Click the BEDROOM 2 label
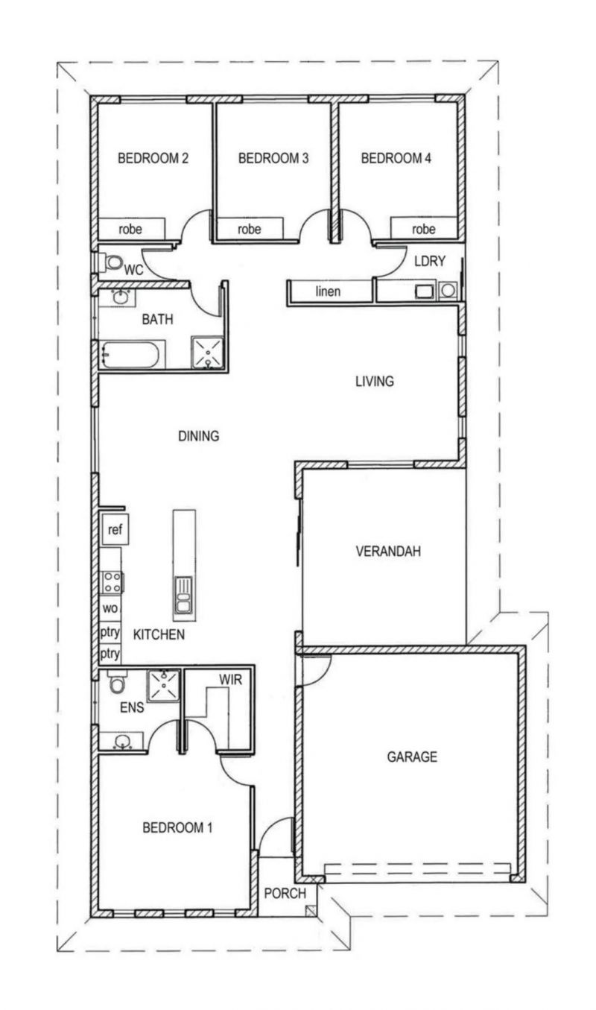(153, 158)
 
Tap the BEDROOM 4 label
(396, 158)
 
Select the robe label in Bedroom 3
(249, 229)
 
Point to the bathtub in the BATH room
(130, 355)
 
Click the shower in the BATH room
(207, 352)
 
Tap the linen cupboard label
(328, 291)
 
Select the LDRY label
(430, 261)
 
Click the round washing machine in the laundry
(448, 291)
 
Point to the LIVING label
(374, 382)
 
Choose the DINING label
(199, 436)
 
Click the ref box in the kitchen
(115, 529)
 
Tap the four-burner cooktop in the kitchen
(112, 581)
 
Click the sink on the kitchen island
(183, 595)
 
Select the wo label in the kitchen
(110, 608)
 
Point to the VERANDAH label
(388, 551)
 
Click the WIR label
(230, 680)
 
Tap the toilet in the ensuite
(118, 681)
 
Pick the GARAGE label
(412, 757)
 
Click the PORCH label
(285, 893)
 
